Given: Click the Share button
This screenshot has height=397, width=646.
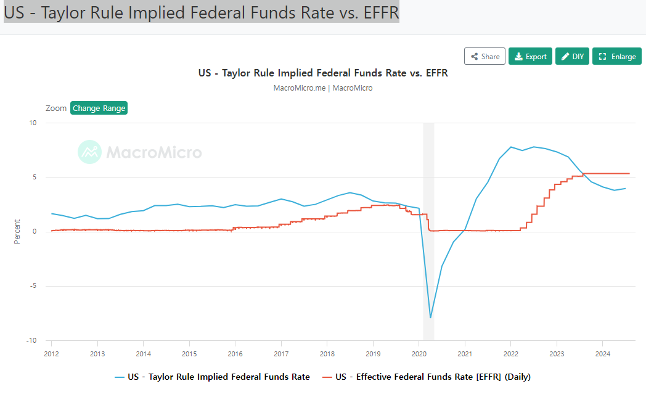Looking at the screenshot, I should click(485, 56).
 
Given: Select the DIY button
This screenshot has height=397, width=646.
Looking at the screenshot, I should click(572, 56).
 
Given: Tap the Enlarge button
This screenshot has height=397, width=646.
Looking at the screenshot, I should click(617, 56).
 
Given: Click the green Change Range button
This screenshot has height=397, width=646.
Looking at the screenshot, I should click(99, 108).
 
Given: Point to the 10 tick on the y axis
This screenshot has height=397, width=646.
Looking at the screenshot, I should click(33, 123).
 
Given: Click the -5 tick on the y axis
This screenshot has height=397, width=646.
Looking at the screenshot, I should click(33, 286).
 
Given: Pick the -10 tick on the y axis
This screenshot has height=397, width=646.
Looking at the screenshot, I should click(31, 340).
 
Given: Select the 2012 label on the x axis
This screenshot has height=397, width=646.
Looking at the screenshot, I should click(51, 354).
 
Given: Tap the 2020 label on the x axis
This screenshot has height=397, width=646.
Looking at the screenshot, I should click(419, 354).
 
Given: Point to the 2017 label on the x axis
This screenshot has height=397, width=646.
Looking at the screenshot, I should click(281, 354).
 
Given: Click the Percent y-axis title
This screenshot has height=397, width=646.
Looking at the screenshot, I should click(17, 231).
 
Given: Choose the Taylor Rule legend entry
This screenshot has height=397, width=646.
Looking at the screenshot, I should click(212, 376).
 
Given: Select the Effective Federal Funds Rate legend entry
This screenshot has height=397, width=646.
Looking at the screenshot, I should click(426, 376).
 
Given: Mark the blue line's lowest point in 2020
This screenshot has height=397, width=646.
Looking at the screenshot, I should click(430, 317).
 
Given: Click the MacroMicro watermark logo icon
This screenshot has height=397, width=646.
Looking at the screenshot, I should click(89, 152).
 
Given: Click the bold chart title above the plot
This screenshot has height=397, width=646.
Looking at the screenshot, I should click(323, 73).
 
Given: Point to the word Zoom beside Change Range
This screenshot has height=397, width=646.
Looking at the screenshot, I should click(56, 108).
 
